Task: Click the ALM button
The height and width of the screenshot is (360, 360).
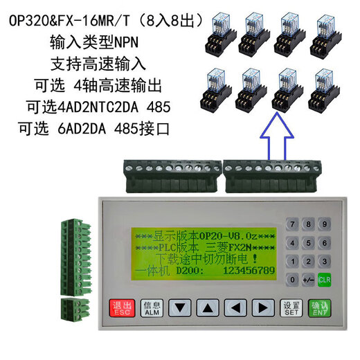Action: pos(152,307)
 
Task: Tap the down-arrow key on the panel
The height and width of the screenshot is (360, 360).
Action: pos(179,307)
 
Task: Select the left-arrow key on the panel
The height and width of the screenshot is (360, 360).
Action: pos(235,307)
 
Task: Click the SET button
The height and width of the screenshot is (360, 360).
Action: pos(291,307)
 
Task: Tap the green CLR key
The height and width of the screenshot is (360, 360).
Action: pos(324,280)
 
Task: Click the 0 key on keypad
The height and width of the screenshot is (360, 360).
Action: pos(294,280)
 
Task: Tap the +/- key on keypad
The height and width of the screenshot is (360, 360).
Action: pos(309,280)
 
